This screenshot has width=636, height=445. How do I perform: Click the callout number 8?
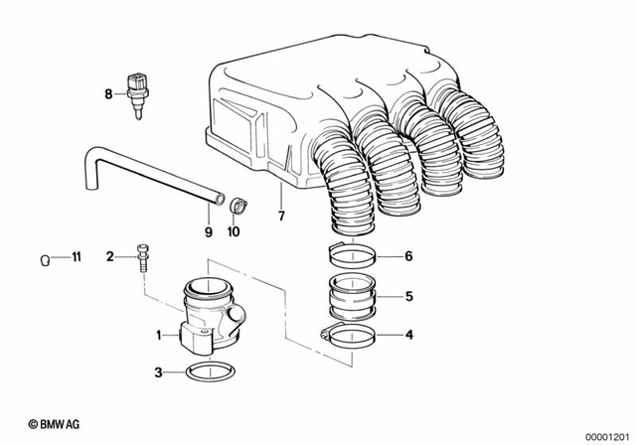(109, 94)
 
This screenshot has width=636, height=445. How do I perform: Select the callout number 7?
(281, 216)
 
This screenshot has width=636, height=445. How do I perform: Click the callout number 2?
(110, 257)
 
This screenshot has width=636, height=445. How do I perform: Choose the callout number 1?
(157, 336)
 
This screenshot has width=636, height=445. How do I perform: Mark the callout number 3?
(157, 373)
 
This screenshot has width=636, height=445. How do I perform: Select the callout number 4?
(407, 335)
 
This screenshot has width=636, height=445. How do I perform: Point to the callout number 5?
(407, 295)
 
